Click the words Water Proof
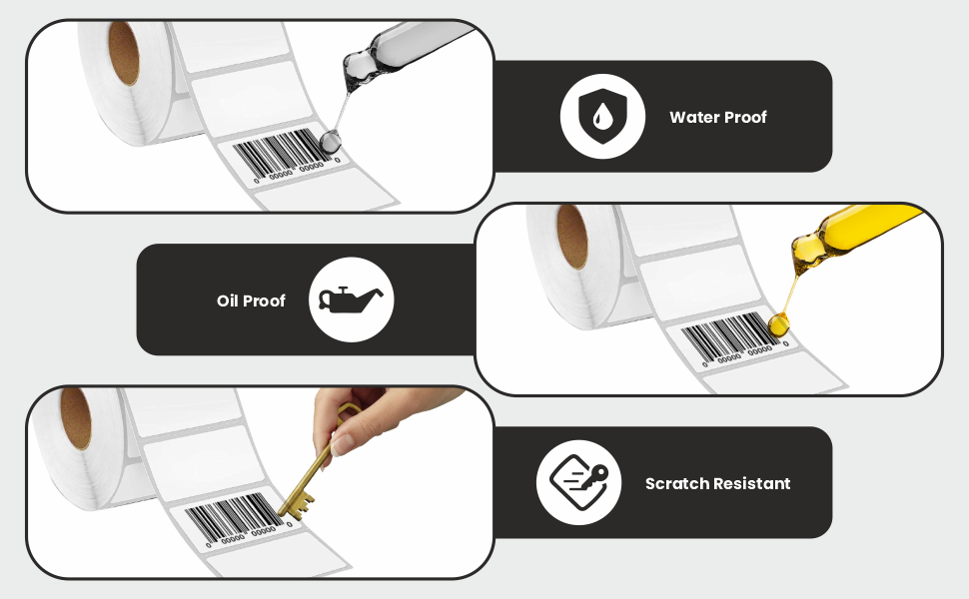tap(717, 118)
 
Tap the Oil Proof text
tap(251, 300)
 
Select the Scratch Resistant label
tap(717, 483)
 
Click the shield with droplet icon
tap(602, 116)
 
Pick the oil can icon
tap(351, 299)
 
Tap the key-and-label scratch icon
tap(579, 483)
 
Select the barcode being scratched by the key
tap(234, 516)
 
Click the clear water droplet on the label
tap(330, 142)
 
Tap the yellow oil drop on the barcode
tap(778, 323)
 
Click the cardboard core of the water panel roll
tap(124, 53)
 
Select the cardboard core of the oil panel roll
tap(572, 238)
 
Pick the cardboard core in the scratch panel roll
tap(75, 418)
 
